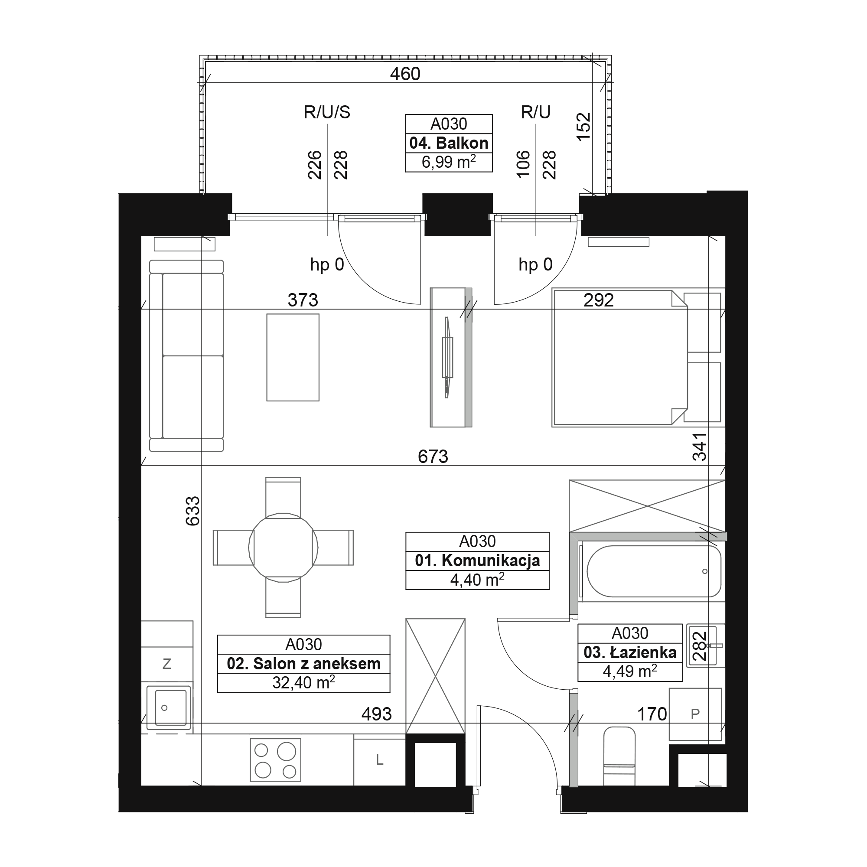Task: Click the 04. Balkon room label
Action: coord(448,143)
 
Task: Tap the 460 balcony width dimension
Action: coord(405,74)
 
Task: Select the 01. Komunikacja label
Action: coord(477,561)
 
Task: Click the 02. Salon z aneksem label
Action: coord(303,663)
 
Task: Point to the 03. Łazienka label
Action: coord(629,652)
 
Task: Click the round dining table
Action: coord(283,548)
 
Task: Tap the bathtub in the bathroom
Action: coord(653,571)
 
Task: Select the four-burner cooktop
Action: coord(275,760)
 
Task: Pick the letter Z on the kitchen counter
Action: coord(167,664)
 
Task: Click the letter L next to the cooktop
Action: coord(380,760)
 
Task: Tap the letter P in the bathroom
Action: coord(695,714)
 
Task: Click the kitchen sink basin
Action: coord(170,708)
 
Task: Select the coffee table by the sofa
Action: coord(293,357)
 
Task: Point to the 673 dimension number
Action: coord(433,457)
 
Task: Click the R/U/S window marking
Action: coord(327,112)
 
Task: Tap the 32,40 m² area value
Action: coord(303,683)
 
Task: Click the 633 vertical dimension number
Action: coord(193,511)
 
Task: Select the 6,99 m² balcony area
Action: coord(448,162)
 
